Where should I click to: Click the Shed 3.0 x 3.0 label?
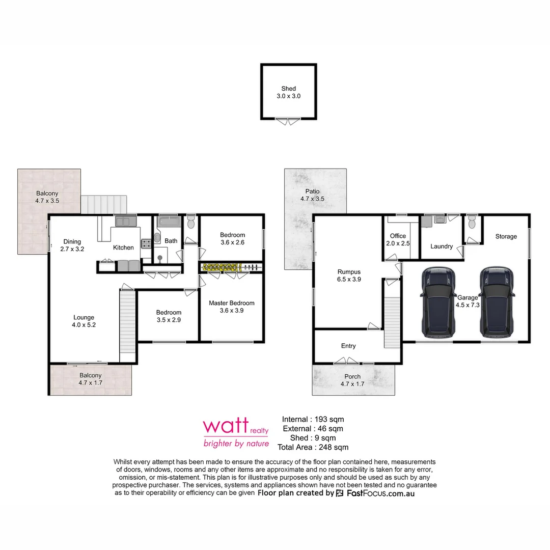click(288, 92)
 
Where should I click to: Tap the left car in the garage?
click(438, 302)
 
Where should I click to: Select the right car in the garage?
click(496, 302)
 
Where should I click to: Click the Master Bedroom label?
click(231, 307)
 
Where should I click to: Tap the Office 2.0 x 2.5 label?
click(398, 240)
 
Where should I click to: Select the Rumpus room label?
click(349, 276)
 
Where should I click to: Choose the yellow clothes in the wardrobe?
click(220, 267)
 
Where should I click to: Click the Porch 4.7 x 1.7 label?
click(353, 380)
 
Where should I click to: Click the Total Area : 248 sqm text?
click(313, 447)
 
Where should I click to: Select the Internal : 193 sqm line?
click(313, 419)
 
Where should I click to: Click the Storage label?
click(506, 236)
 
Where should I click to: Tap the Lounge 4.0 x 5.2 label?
click(84, 321)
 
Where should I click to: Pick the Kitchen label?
click(123, 248)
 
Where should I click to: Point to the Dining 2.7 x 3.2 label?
click(72, 245)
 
